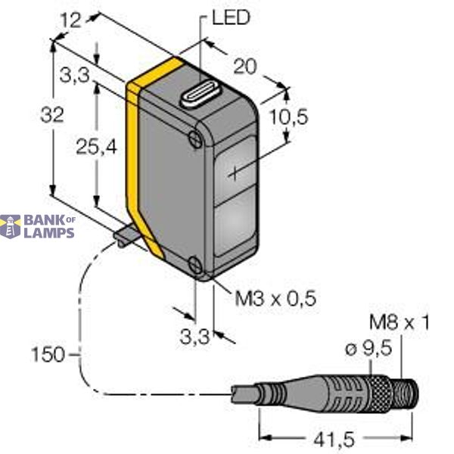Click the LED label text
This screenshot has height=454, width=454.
(x=231, y=17)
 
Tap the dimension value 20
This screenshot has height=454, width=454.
(x=244, y=67)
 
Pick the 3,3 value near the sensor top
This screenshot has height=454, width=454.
(x=72, y=74)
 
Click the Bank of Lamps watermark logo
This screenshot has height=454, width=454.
(x=38, y=226)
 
